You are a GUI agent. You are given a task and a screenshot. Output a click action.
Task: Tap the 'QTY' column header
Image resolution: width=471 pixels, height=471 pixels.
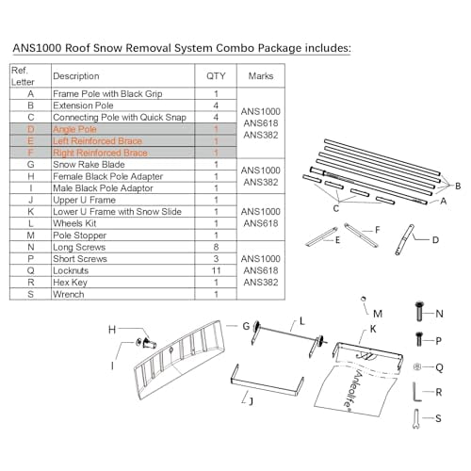click(x=216, y=75)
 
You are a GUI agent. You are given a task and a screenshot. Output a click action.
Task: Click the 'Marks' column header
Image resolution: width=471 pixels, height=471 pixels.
click(x=260, y=75)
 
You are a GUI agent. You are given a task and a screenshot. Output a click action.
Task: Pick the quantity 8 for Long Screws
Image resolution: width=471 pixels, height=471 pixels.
click(x=216, y=246)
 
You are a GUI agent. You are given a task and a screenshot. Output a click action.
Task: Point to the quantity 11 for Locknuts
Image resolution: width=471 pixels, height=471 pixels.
click(x=216, y=269)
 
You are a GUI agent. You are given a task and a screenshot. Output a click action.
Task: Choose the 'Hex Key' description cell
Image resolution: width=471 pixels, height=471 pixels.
click(x=72, y=281)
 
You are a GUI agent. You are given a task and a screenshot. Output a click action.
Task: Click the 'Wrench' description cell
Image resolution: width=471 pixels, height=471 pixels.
click(x=69, y=293)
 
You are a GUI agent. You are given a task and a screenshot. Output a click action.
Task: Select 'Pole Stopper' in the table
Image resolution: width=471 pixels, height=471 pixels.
click(x=79, y=235)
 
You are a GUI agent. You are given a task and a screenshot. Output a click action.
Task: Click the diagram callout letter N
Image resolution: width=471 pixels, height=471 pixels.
click(x=439, y=314)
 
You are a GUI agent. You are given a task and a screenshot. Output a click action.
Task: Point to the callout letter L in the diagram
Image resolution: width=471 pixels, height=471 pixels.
click(x=303, y=322)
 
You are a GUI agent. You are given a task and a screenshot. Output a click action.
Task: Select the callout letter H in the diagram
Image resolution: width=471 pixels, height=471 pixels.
click(x=112, y=329)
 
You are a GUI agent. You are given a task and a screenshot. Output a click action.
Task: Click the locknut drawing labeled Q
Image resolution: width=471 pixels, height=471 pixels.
click(x=415, y=366)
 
